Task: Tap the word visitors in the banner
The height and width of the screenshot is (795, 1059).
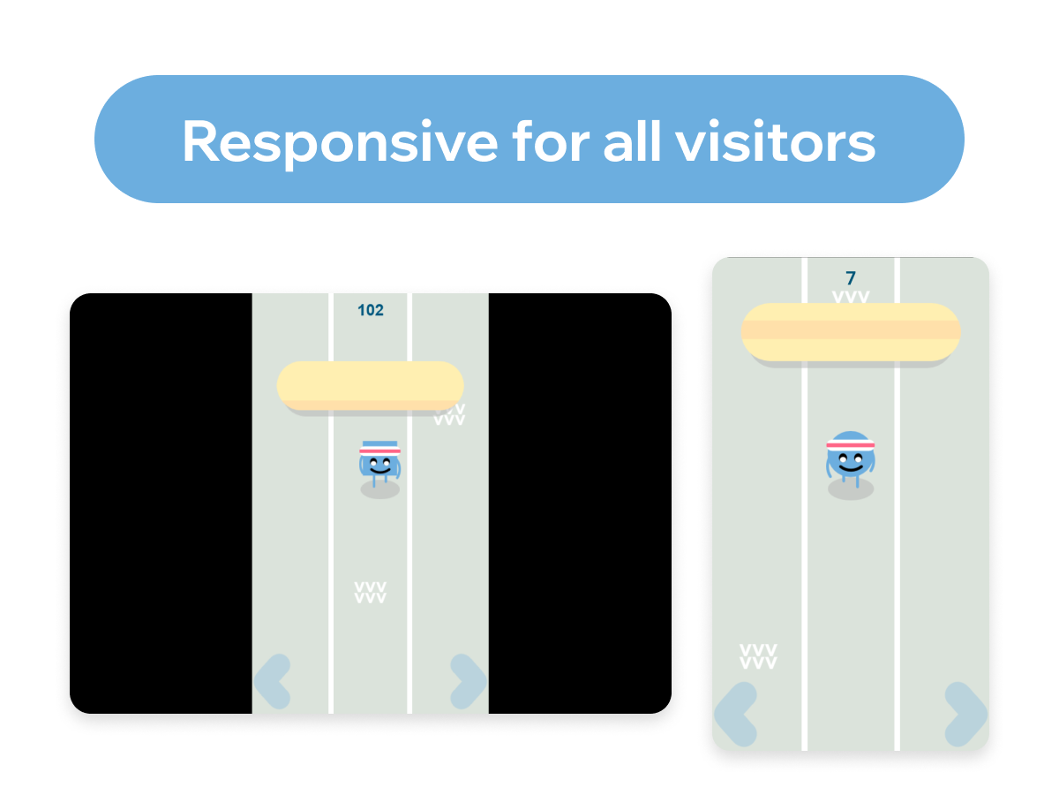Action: click(x=776, y=141)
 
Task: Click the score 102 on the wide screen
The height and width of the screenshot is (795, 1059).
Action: click(x=371, y=310)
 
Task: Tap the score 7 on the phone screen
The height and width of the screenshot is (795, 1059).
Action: click(x=851, y=278)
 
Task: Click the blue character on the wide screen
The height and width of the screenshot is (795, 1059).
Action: click(x=379, y=464)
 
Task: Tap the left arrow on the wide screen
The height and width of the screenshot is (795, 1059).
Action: click(x=273, y=682)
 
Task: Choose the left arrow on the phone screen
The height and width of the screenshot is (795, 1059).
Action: click(x=736, y=715)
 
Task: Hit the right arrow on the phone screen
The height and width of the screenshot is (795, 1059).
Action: click(x=965, y=715)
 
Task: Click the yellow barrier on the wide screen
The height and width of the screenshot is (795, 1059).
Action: click(x=370, y=386)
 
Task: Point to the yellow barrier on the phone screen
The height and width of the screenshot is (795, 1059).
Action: click(x=851, y=332)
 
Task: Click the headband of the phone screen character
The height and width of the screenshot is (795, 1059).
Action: click(x=851, y=445)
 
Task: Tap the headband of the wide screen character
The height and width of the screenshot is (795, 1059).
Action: click(x=379, y=450)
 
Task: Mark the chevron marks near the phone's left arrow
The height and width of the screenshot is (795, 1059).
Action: click(x=758, y=656)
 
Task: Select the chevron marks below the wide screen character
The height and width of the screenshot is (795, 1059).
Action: click(x=370, y=593)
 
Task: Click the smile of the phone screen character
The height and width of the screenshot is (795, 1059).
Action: click(x=851, y=468)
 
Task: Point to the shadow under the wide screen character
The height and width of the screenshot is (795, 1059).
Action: click(x=379, y=490)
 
